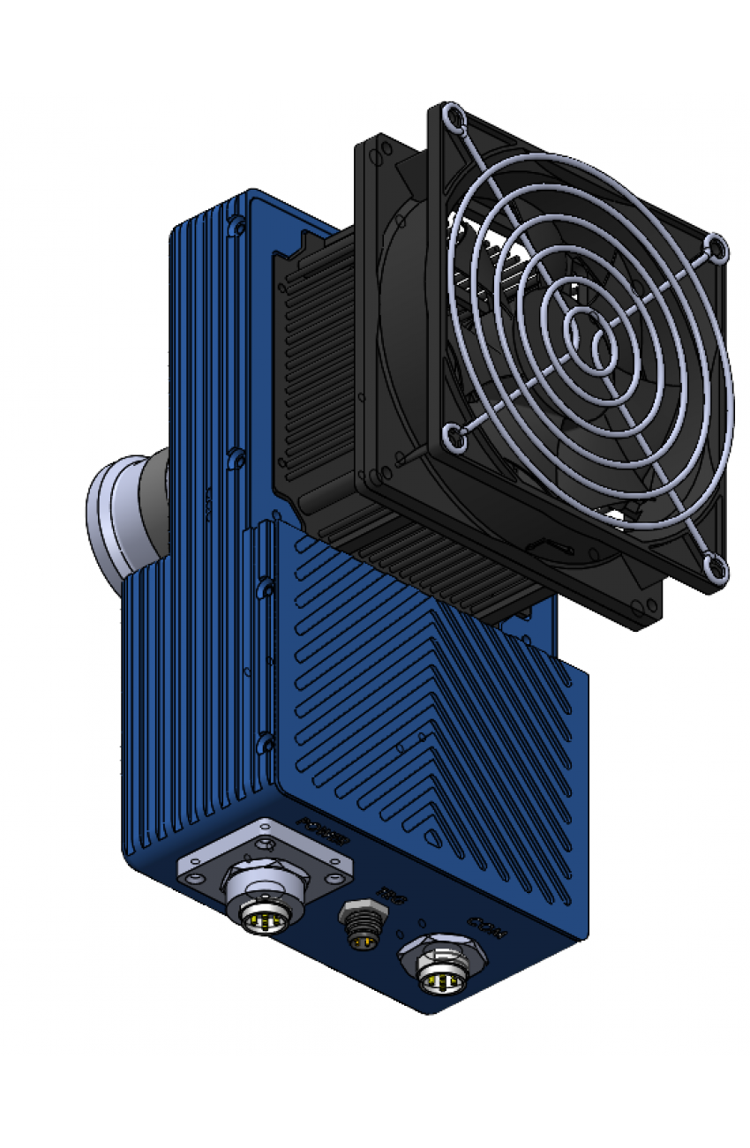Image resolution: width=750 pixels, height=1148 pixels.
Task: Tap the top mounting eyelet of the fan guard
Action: (x=453, y=115)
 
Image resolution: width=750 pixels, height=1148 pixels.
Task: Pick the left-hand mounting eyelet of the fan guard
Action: (x=454, y=434)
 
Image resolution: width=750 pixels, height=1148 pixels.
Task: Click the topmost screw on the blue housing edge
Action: (x=236, y=227)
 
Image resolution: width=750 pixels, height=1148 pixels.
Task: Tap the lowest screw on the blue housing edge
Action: (x=263, y=744)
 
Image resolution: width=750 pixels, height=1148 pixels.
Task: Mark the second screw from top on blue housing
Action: (x=236, y=458)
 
